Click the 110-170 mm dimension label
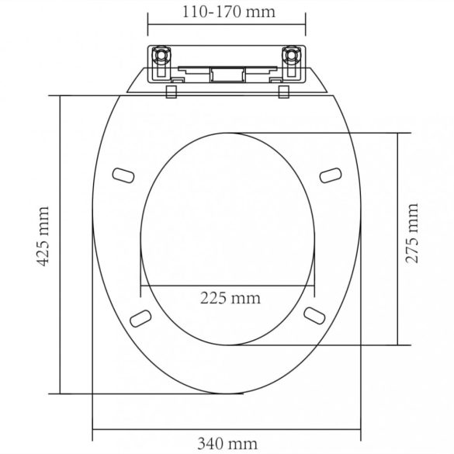pos(228,12)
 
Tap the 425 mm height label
pos(43,236)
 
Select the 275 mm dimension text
pos(412,234)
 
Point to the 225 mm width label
pos(230,298)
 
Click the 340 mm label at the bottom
pos(227,444)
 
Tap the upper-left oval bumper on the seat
pos(123,175)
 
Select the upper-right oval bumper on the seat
pos(331,175)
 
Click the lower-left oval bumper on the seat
pos(140,318)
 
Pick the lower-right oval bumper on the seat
pos(314,316)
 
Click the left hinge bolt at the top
pos(160,55)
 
